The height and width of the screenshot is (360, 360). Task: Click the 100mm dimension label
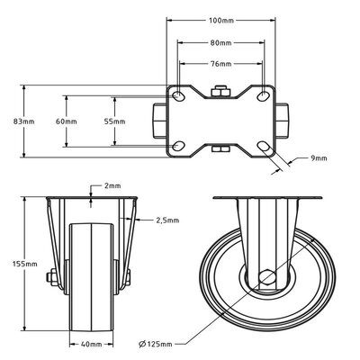220,20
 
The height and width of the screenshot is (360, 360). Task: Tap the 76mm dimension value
220,64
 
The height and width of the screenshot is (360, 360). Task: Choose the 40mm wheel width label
89,342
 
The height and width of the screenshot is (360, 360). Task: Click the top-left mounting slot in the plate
179,95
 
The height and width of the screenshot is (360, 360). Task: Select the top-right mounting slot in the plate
262,95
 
